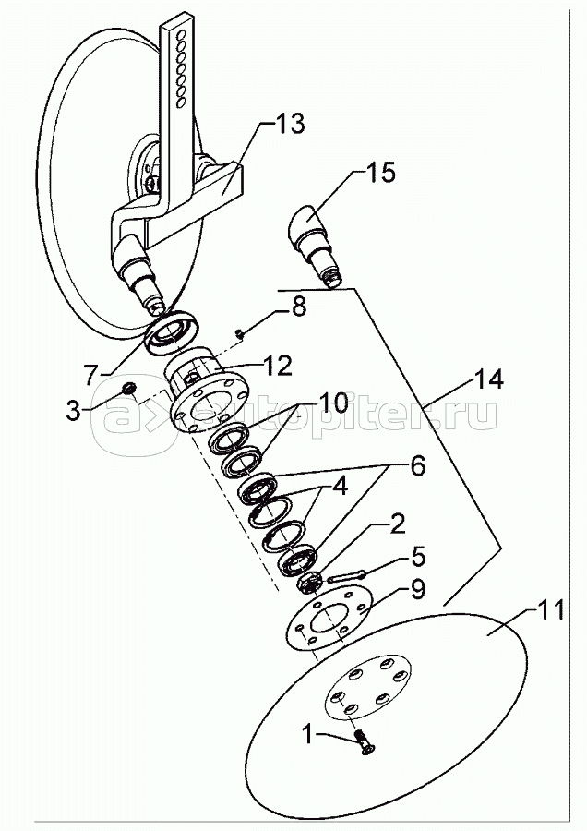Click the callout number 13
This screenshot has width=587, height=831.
pos(290,124)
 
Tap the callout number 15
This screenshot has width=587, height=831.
pos(380,173)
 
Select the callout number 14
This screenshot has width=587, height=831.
pos(488,379)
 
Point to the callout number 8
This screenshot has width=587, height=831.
pos(299,307)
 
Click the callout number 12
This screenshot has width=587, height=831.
pos(277,366)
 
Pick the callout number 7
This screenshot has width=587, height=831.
pos(90,375)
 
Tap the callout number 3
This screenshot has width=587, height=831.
pos(73,410)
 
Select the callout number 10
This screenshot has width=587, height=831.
pos(332,403)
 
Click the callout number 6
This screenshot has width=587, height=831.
pos(418,466)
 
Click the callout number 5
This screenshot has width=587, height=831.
pos(417,557)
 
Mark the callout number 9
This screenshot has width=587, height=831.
pos(417,589)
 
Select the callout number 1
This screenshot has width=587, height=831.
pos(307,735)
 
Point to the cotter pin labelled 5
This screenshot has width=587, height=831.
pos(344,575)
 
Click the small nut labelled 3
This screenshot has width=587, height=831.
pos(127,389)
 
